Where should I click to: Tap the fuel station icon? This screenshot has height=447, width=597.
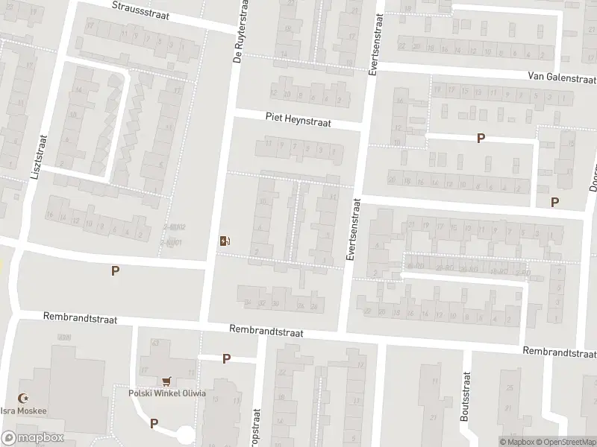tap(224, 241)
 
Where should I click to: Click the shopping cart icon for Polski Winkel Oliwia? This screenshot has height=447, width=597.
tap(167, 381)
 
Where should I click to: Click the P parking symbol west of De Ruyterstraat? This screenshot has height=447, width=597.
tap(115, 271)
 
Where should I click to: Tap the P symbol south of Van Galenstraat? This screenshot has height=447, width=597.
tap(481, 139)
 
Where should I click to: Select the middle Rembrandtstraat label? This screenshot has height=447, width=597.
tap(266, 329)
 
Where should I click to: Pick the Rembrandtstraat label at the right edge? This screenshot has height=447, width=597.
tap(560, 351)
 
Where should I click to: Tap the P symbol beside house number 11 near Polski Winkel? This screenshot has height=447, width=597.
tap(226, 359)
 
